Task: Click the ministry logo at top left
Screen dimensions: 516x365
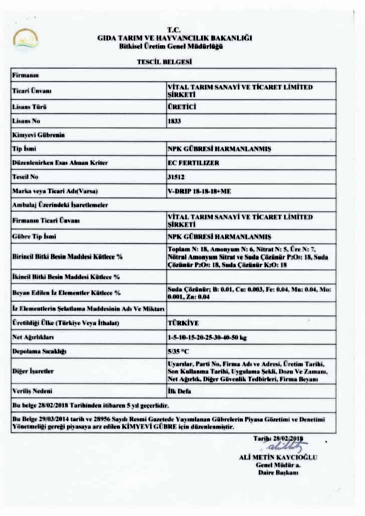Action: click(25, 39)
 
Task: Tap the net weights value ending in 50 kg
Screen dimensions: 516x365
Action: click(207, 338)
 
